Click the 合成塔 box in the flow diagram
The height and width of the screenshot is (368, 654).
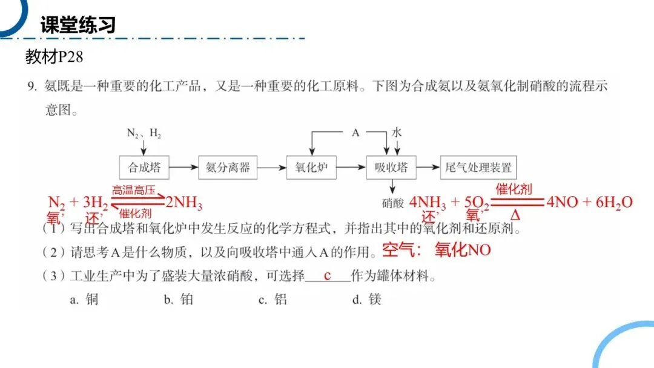pyautogui.click(x=144, y=167)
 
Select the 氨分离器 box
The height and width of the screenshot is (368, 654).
pyautogui.click(x=227, y=167)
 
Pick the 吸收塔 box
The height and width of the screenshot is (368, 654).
pyautogui.click(x=391, y=167)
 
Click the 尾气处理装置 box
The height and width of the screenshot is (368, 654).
pyautogui.click(x=478, y=167)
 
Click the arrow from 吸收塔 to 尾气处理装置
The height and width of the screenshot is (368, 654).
pyautogui.click(x=428, y=167)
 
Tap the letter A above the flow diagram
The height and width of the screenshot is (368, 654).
pyautogui.click(x=356, y=132)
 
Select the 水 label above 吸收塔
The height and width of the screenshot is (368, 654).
pyautogui.click(x=397, y=132)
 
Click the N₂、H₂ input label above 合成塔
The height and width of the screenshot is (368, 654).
pyautogui.click(x=144, y=133)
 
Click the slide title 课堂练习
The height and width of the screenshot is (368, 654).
pyautogui.click(x=78, y=25)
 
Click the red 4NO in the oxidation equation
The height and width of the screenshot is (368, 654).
pyautogui.click(x=561, y=202)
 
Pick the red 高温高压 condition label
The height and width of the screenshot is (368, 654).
pyautogui.click(x=134, y=190)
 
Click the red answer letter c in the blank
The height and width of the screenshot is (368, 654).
pyautogui.click(x=327, y=275)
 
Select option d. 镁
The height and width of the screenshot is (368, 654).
pyautogui.click(x=367, y=299)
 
